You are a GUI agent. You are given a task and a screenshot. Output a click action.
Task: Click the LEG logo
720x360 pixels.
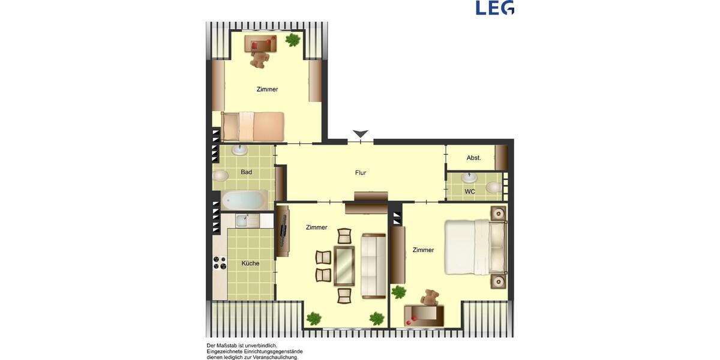[x=494, y=8]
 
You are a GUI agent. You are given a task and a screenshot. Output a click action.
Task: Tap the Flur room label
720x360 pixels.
[x=360, y=173]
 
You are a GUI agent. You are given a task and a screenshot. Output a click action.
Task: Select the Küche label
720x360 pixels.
[x=250, y=263]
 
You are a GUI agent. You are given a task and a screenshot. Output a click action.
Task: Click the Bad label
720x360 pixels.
[x=246, y=172]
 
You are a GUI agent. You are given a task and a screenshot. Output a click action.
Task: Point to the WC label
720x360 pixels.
[x=470, y=191]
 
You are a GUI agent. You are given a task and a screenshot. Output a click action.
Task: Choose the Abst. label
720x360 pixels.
[x=473, y=158]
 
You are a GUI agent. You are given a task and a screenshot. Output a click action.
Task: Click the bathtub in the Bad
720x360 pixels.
[x=244, y=200]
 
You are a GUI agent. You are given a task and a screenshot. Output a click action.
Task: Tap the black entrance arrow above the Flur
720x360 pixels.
[x=360, y=134]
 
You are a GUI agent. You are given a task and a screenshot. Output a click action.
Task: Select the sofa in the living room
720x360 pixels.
[x=373, y=266]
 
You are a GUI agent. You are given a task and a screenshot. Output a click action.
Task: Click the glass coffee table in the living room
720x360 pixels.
[x=344, y=266]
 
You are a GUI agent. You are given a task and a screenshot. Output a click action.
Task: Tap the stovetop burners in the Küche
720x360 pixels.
[x=220, y=263]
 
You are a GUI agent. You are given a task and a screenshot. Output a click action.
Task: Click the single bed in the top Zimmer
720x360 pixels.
[x=252, y=126]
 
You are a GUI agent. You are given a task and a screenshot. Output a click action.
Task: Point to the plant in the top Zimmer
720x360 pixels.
[x=293, y=40]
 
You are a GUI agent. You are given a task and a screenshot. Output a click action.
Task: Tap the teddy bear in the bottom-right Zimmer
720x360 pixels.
[x=430, y=298]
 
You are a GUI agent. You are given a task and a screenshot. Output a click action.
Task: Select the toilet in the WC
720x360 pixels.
[x=494, y=188]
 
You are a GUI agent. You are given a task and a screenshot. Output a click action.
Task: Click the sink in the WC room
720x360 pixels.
[x=470, y=178]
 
